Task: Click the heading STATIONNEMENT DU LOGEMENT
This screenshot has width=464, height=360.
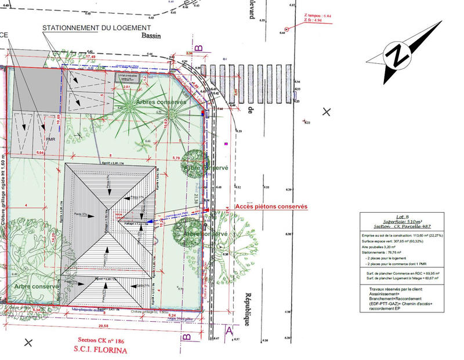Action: click(96, 27)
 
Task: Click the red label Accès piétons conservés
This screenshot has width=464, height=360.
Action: click(271, 206)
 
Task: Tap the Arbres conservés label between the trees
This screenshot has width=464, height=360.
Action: click(161, 101)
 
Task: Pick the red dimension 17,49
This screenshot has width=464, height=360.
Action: click(90, 57)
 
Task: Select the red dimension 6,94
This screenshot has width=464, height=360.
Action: click(40, 151)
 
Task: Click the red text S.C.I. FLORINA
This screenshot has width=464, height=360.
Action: click(100, 350)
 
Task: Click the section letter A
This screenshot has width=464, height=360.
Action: click(229, 331)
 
